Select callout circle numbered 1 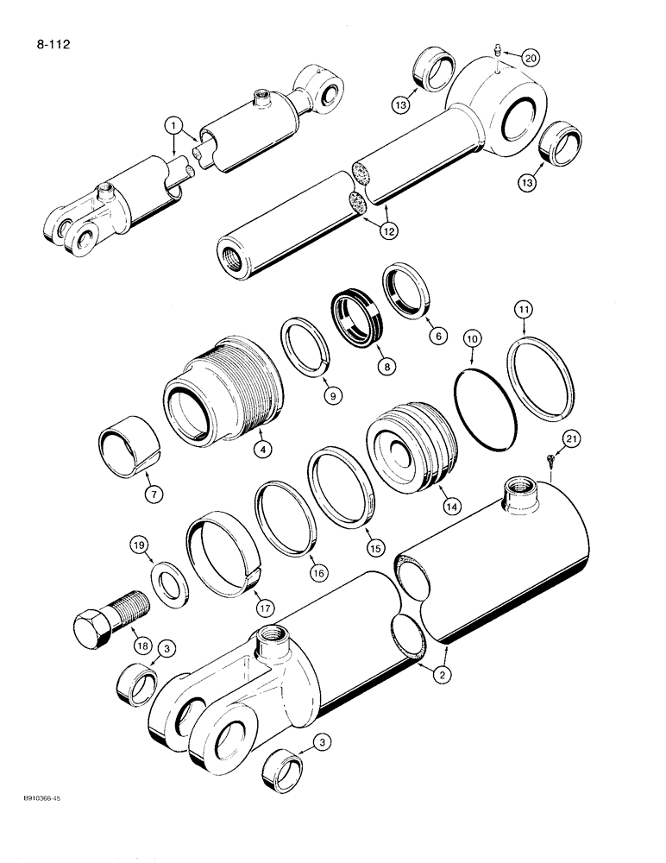pos(176,127)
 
